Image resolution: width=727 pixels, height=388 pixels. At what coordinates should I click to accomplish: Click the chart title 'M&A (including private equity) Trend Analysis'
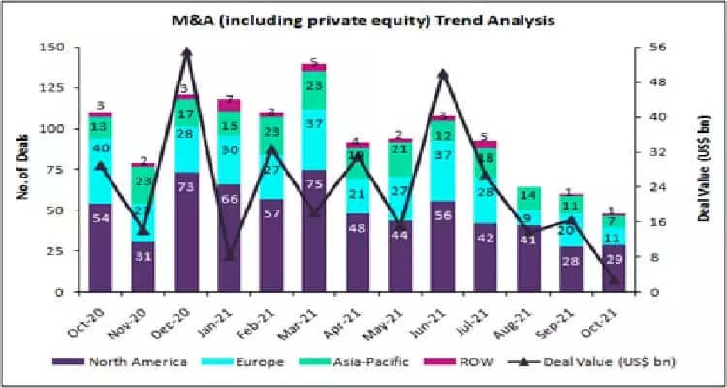[363, 18]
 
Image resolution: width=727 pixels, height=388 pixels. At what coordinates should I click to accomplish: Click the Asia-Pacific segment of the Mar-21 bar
[314, 87]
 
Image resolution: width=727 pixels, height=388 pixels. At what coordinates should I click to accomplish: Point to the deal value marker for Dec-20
[187, 52]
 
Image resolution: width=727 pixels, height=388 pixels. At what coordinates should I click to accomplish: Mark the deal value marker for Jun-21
[443, 74]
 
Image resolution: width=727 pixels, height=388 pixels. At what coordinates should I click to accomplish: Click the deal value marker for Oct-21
[614, 279]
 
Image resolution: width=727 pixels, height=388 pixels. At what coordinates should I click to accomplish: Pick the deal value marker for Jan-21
[230, 256]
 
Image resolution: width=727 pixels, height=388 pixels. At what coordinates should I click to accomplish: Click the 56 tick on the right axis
[655, 47]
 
